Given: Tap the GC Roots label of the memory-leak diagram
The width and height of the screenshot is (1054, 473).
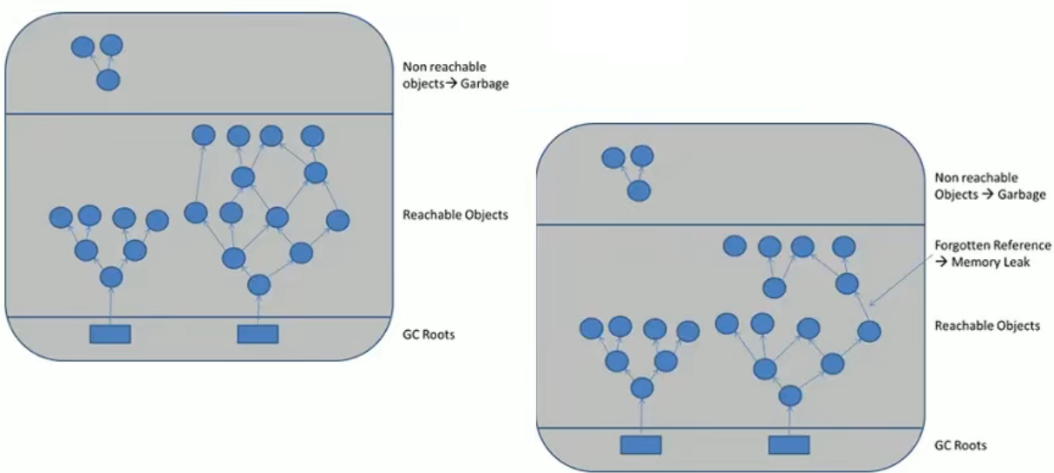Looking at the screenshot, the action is pyautogui.click(x=959, y=445).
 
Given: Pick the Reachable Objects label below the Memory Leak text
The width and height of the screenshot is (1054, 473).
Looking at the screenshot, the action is pyautogui.click(x=986, y=326).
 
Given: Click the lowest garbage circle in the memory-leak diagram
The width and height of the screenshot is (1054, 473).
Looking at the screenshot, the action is pyautogui.click(x=638, y=191).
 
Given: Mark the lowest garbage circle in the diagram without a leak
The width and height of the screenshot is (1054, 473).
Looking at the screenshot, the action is pyautogui.click(x=108, y=81).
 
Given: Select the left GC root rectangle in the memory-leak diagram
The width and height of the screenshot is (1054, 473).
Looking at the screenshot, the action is pyautogui.click(x=640, y=444).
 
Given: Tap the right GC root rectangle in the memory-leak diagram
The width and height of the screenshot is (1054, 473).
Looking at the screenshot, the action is pyautogui.click(x=789, y=444).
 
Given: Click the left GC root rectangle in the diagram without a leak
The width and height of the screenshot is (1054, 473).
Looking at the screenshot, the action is pyautogui.click(x=110, y=334).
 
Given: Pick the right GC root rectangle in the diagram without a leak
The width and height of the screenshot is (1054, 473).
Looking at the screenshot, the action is pyautogui.click(x=258, y=334).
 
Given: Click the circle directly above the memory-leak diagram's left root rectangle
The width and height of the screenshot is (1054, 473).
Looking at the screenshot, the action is pyautogui.click(x=641, y=388).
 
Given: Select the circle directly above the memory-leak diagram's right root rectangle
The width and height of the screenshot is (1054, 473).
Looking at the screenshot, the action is pyautogui.click(x=789, y=396).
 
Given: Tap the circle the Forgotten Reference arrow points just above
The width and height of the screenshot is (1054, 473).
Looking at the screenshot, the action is pyautogui.click(x=868, y=330).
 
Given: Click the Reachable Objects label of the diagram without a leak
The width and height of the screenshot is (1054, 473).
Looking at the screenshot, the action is pyautogui.click(x=455, y=214).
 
